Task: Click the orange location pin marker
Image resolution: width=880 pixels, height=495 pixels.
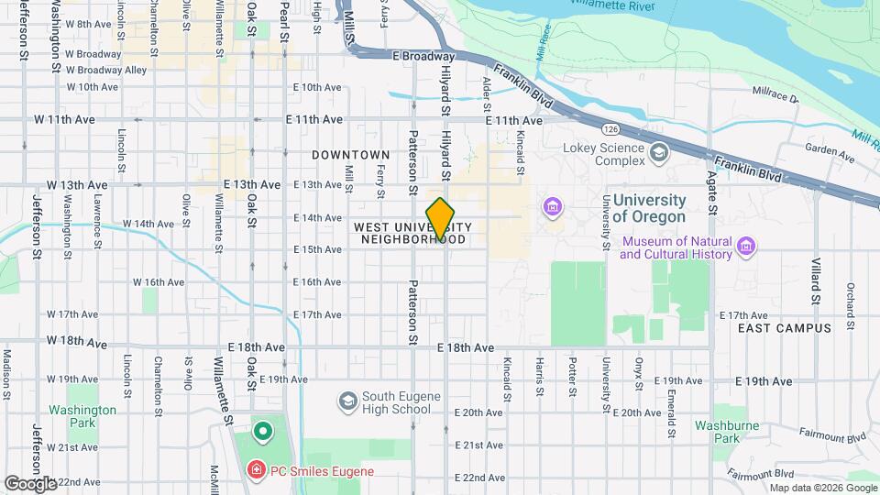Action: [440, 218]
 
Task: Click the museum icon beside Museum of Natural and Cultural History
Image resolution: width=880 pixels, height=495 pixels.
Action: [746, 246]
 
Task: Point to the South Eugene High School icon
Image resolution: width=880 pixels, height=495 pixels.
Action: [347, 401]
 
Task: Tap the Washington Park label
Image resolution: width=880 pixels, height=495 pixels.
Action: [83, 417]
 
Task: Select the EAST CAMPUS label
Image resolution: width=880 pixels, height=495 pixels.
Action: [785, 327]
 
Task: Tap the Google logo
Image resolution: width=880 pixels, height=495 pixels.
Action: [30, 483]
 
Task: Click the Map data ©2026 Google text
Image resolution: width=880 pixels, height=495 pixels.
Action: [822, 488]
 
